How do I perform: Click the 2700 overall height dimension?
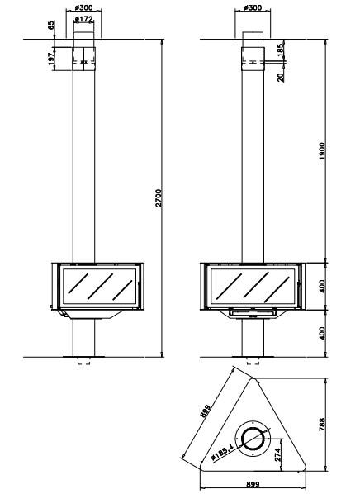159,198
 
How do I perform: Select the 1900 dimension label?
322,151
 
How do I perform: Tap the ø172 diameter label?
83,20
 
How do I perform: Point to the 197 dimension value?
51,59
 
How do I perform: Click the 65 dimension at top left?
51,26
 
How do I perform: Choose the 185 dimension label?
281,50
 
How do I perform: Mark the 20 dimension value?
281,77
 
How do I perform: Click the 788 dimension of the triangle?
321,425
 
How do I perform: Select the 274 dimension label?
277,455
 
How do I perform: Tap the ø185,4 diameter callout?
222,451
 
